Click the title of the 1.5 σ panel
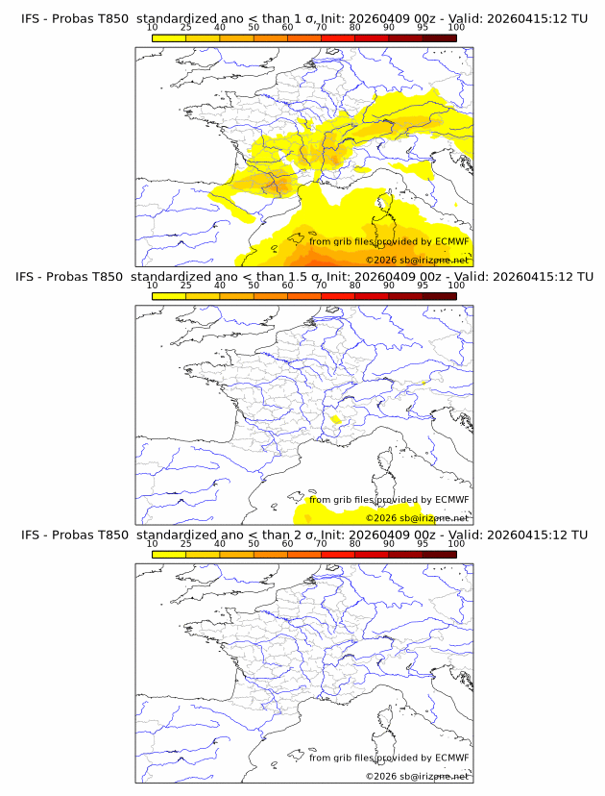[303, 276]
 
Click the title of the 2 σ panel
[303, 535]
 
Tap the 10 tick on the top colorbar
[152, 27]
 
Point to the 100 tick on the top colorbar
[456, 27]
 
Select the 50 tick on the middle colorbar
[254, 286]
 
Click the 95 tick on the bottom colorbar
[423, 543]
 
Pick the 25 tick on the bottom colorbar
[185, 543]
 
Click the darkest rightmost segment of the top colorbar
[439, 37]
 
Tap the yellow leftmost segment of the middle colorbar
[169, 296]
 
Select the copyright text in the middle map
[417, 517]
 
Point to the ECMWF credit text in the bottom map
[389, 758]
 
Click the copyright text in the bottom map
[417, 776]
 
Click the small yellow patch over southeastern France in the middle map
[335, 420]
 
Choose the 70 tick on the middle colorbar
[321, 286]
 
